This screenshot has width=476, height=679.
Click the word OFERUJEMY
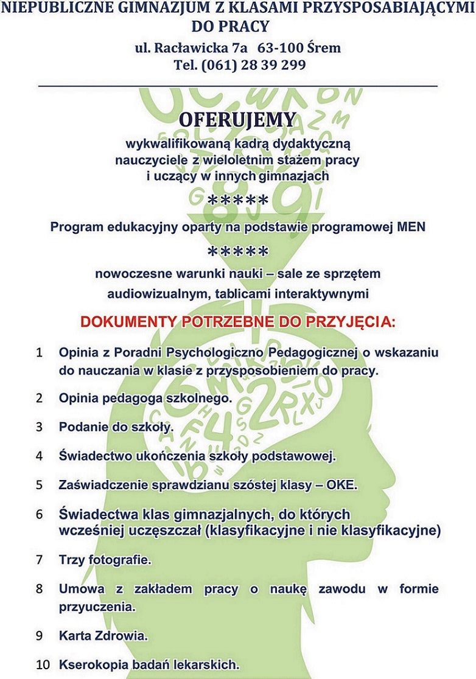pyautogui.click(x=237, y=119)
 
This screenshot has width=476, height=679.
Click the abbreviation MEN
pyautogui.click(x=411, y=226)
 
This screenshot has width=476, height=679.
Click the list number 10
pyautogui.click(x=42, y=664)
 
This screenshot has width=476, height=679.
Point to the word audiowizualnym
pyautogui.click(x=158, y=293)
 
